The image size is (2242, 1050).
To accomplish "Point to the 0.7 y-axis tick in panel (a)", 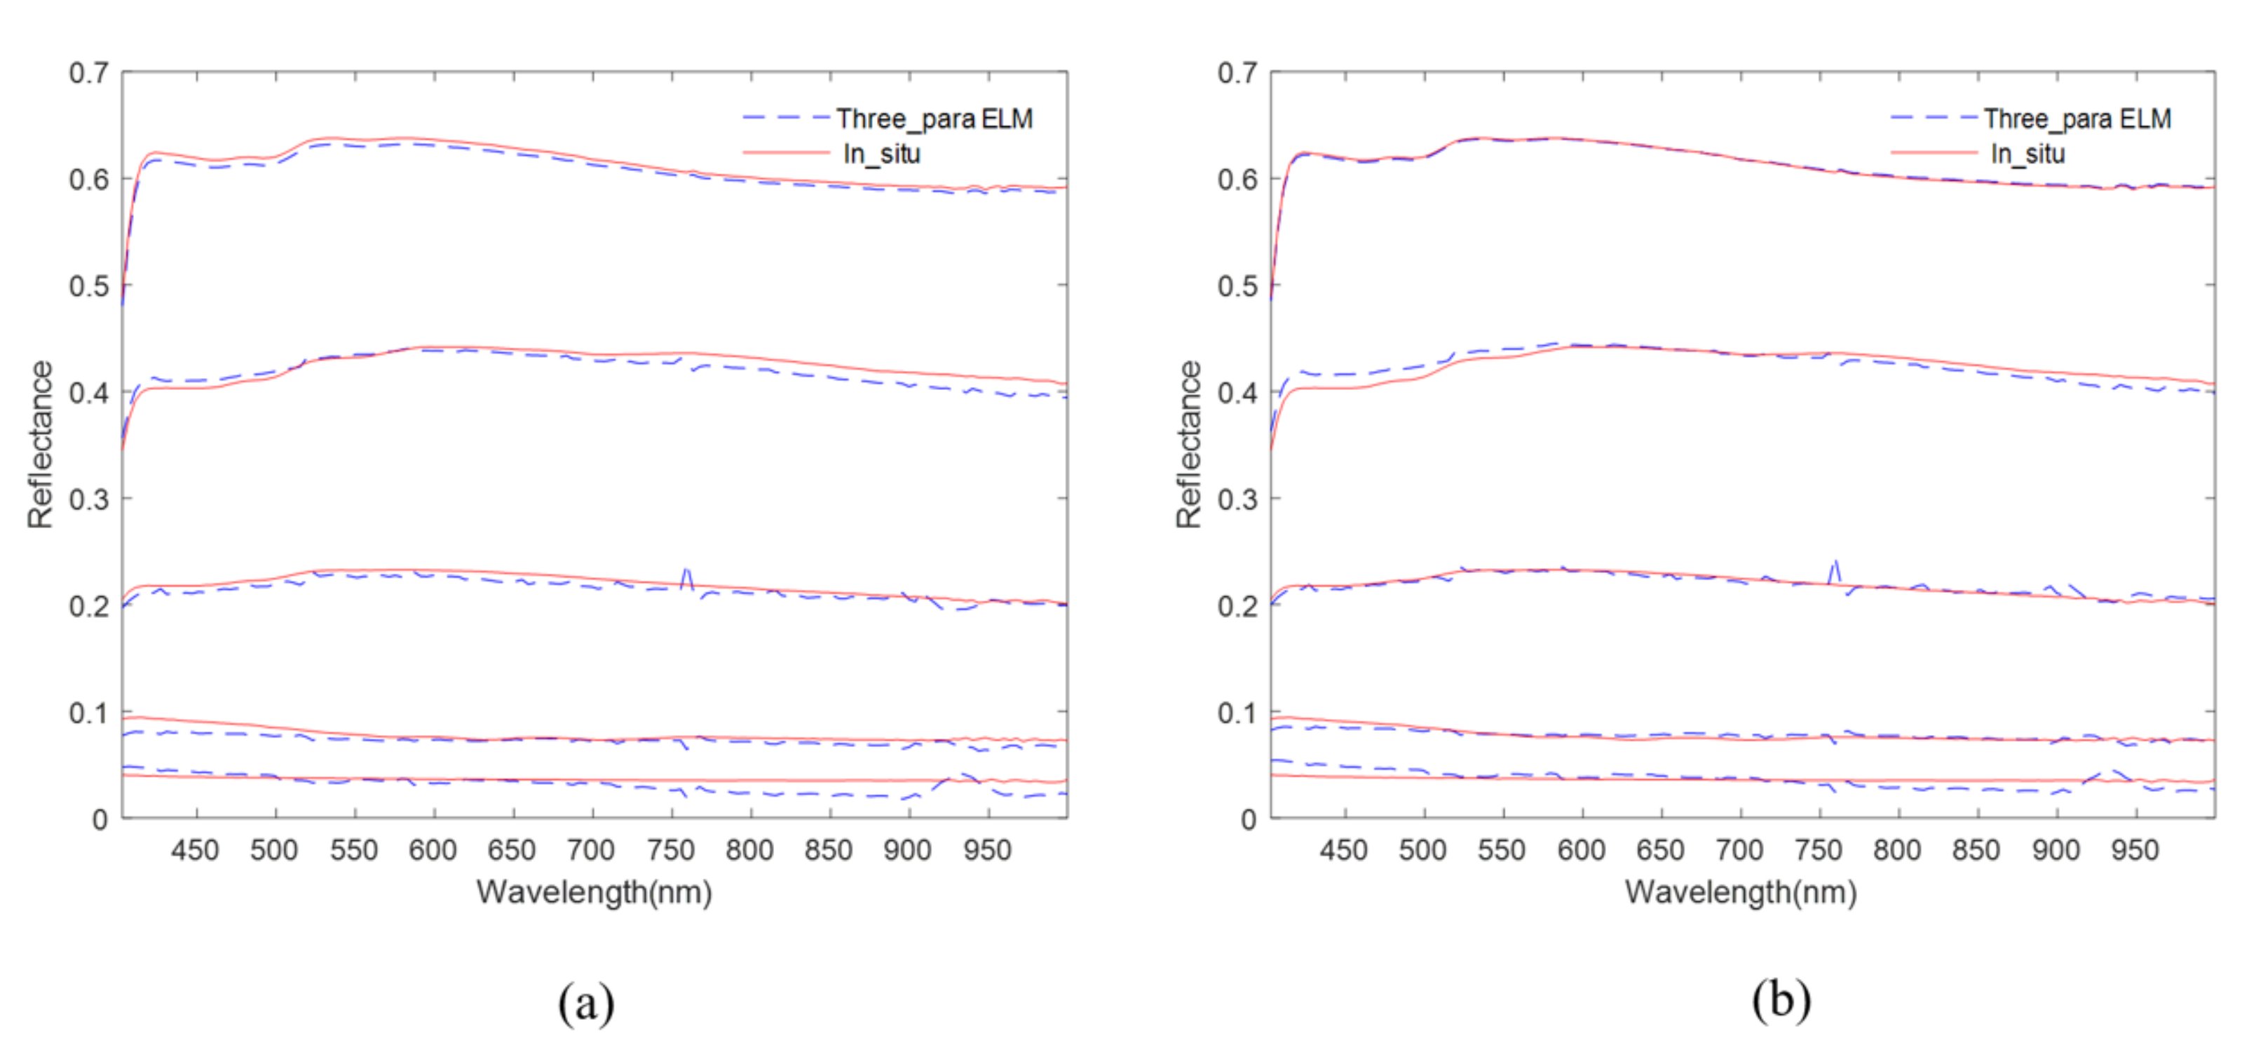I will coord(89,73).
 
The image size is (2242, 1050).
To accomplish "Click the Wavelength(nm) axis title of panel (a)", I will coord(594,891).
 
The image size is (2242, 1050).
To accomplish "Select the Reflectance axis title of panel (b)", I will coord(1188,444).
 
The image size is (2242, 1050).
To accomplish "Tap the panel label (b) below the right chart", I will coord(1781,999).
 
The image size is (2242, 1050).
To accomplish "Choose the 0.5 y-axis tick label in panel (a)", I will coord(89,285).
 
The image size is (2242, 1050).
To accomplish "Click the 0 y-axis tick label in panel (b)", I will coord(1248,819).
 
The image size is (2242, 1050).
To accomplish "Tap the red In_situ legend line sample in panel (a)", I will coord(785,153).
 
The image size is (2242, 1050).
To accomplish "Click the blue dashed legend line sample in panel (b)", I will coord(1933,116).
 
